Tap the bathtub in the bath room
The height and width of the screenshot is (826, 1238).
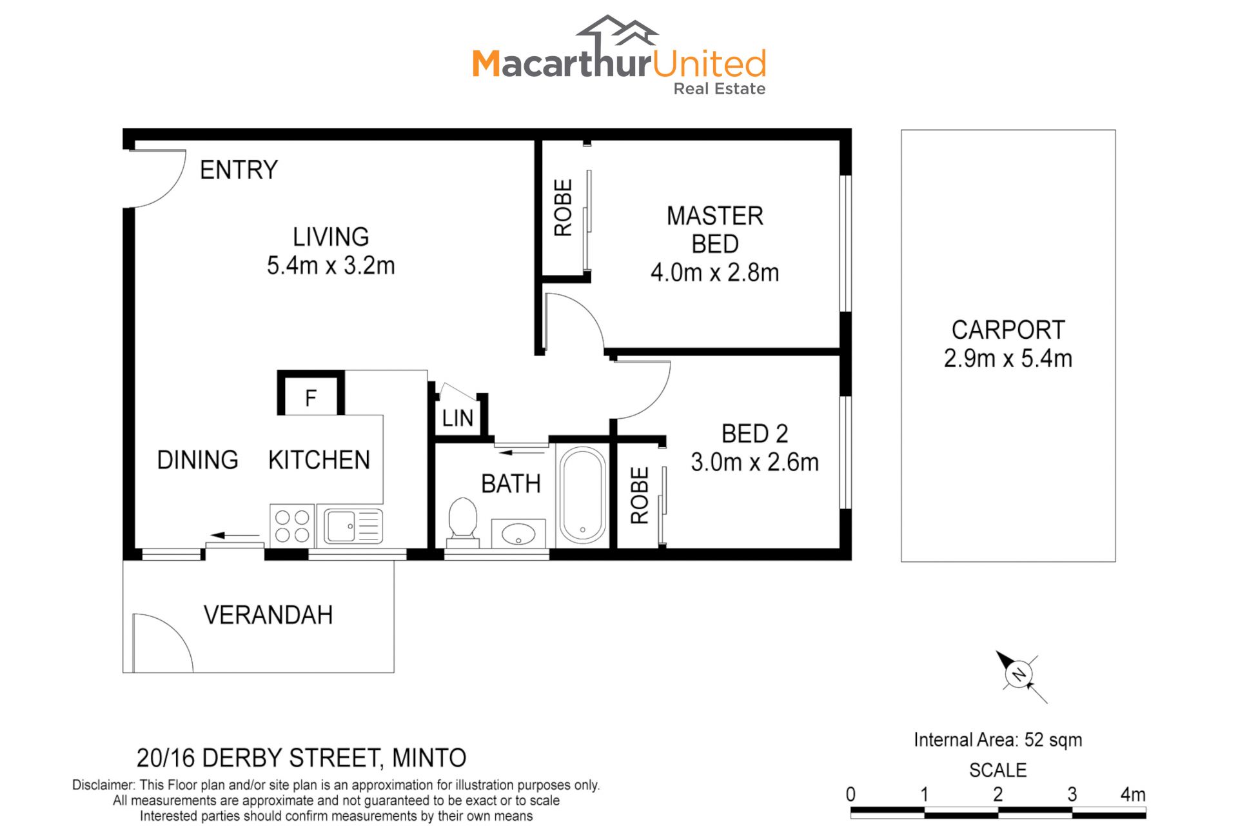pos(582,495)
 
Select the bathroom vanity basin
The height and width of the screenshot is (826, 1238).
pos(518,534)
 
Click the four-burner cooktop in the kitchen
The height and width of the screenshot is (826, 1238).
pos(292,526)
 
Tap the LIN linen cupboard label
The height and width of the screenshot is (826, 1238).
pos(458,418)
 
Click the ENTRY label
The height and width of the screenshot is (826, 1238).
pos(239,170)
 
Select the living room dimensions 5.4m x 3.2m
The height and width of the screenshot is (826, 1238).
pos(331,265)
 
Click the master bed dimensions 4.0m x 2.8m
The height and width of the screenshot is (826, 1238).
pos(714,272)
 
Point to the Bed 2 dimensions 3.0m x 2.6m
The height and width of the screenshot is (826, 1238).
pos(754,462)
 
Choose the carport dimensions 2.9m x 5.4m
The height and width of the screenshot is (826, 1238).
pos(1008,358)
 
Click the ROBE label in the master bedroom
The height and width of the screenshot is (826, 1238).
pos(563,208)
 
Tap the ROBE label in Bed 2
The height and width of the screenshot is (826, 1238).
pos(639,496)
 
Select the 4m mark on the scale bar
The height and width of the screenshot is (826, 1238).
pos(1133,794)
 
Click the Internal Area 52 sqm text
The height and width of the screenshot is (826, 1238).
pos(997,740)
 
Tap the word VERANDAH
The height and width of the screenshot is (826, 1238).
pos(268,615)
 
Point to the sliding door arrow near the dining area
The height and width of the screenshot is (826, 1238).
pos(235,535)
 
